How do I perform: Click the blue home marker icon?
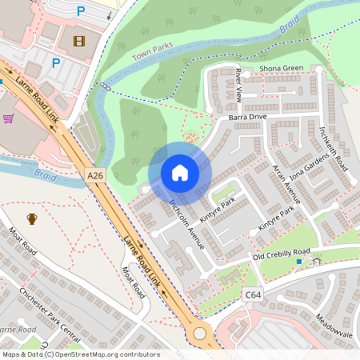(x=180, y=173)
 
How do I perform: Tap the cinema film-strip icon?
(x=78, y=41)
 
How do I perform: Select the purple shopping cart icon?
(x=9, y=118)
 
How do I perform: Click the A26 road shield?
(x=95, y=175)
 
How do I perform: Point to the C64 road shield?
(x=253, y=295)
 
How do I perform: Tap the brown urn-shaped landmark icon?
(x=32, y=218)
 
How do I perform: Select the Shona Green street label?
(x=282, y=68)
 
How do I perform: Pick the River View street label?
(x=238, y=85)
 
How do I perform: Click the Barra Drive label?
(x=247, y=116)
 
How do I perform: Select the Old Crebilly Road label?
(x=281, y=255)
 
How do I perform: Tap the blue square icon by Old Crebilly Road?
(x=299, y=262)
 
